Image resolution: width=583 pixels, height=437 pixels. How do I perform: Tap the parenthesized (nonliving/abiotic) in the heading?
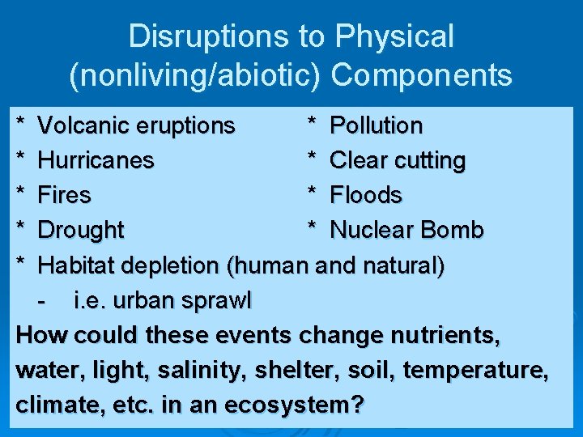(197, 75)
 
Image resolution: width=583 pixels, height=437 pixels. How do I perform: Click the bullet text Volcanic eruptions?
(137, 126)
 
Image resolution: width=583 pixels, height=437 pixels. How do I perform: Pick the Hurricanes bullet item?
(96, 161)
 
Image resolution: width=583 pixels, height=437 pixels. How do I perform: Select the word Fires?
(65, 196)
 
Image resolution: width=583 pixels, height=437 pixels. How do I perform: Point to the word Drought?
(81, 231)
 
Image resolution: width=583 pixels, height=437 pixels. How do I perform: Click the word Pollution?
(377, 126)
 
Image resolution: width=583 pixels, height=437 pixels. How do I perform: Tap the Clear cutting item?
(398, 161)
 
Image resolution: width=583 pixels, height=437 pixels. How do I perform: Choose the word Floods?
(366, 196)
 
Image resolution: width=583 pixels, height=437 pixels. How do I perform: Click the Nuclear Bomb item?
(406, 231)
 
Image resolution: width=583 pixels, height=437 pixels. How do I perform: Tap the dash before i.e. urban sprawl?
(43, 301)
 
